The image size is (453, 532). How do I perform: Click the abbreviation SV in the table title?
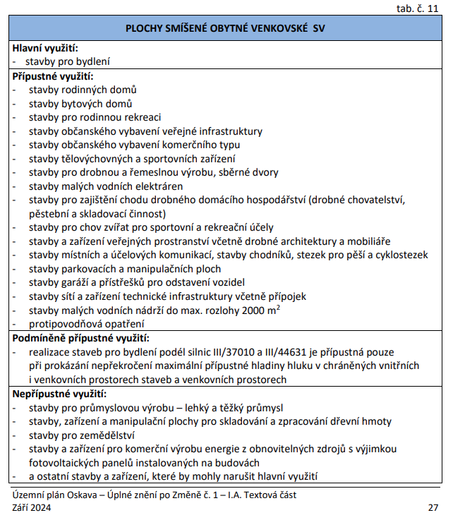(318, 29)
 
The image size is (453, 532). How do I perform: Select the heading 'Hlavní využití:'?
(44, 48)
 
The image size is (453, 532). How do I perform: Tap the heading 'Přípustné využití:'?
(52, 75)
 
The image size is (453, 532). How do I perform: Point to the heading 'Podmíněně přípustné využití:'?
(80, 338)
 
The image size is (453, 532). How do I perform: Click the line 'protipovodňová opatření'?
(81, 324)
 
